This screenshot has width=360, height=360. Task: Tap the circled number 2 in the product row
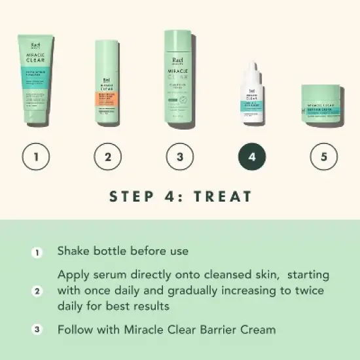[108, 157]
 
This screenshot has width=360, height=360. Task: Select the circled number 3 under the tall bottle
[180, 157]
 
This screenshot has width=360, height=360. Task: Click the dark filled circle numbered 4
[252, 157]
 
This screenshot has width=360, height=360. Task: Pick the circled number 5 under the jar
[324, 157]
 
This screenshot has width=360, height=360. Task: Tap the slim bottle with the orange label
[108, 82]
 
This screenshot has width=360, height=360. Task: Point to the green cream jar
[324, 101]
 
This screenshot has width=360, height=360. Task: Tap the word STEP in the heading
[132, 196]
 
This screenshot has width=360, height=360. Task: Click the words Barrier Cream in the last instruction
[236, 329]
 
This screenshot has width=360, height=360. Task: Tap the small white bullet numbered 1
[37, 251]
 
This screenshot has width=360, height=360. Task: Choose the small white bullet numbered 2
[37, 290]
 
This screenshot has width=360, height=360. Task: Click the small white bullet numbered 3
[37, 329]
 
